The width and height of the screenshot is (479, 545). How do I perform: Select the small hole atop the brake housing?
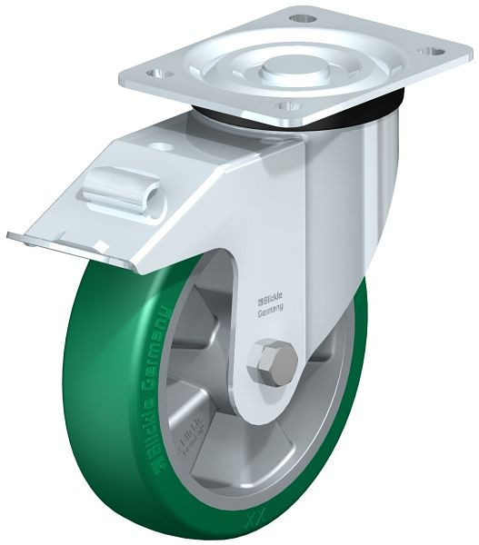[162, 146]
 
